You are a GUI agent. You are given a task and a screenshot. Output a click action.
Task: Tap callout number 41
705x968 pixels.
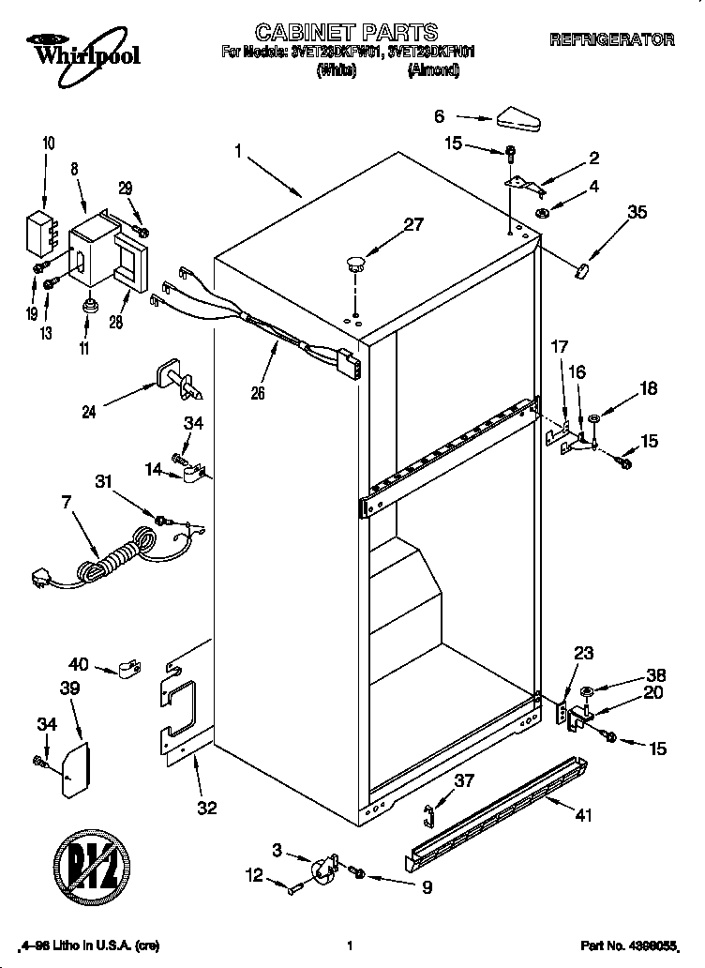click(x=583, y=815)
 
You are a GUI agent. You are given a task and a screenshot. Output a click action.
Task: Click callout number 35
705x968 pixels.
click(x=637, y=213)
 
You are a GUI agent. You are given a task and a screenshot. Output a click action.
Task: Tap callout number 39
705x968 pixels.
click(x=69, y=688)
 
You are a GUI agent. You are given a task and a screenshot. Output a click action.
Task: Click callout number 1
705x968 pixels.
click(x=239, y=150)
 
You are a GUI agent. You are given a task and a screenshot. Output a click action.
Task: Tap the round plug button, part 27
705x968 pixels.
click(x=354, y=261)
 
